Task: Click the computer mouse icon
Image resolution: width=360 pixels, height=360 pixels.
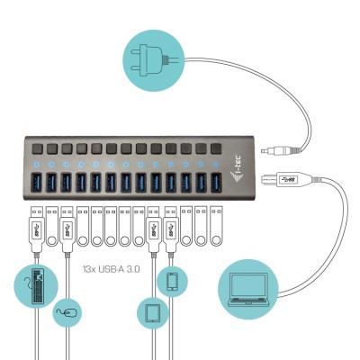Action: tap(66, 314)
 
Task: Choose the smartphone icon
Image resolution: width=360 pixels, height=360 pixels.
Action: tap(172, 281)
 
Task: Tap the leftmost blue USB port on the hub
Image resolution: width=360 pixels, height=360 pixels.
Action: tap(36, 183)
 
